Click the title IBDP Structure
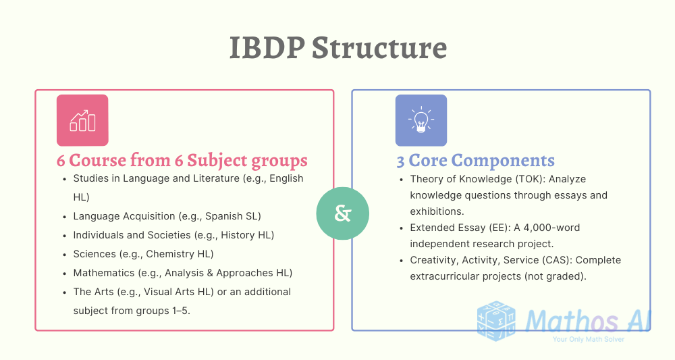tap(337, 49)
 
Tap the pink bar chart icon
tap(82, 120)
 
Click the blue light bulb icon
tap(421, 120)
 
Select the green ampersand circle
tap(343, 213)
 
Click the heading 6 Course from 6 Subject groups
tap(182, 161)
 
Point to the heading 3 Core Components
tap(475, 161)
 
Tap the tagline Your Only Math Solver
tap(588, 339)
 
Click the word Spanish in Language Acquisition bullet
tap(223, 216)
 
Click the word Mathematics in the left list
tap(104, 273)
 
